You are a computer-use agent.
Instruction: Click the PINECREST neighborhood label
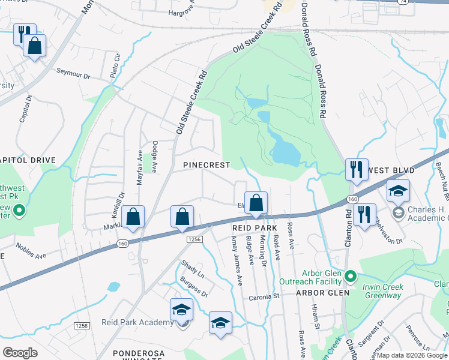(x=206, y=164)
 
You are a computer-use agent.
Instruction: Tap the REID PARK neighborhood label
(x=255, y=228)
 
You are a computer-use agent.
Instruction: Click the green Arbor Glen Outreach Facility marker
(x=351, y=277)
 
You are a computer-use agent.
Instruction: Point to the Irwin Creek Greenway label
(x=382, y=291)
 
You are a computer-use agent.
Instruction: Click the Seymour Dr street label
(x=73, y=76)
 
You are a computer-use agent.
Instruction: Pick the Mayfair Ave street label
(x=139, y=167)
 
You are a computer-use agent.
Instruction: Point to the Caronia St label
(x=265, y=296)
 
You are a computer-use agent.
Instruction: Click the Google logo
(x=20, y=352)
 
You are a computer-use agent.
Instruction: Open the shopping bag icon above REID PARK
(x=256, y=203)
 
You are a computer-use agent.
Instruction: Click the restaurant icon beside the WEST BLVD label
(x=357, y=170)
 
